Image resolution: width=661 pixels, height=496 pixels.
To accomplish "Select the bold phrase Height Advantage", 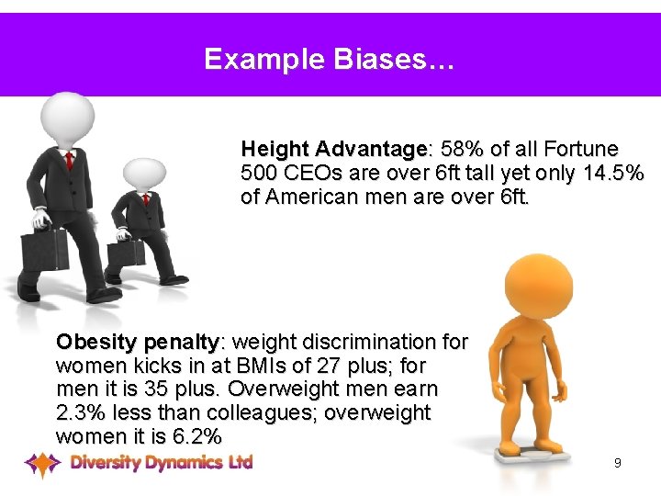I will [x=333, y=149].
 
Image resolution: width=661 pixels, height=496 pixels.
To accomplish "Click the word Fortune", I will [x=580, y=149].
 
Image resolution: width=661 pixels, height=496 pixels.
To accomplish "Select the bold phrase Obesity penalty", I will [x=137, y=342].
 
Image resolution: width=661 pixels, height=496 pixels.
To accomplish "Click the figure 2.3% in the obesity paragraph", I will [x=82, y=412].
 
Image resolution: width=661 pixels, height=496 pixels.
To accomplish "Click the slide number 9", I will [x=618, y=463].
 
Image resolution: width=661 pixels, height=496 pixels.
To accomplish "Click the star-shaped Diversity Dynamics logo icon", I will [x=42, y=464].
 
